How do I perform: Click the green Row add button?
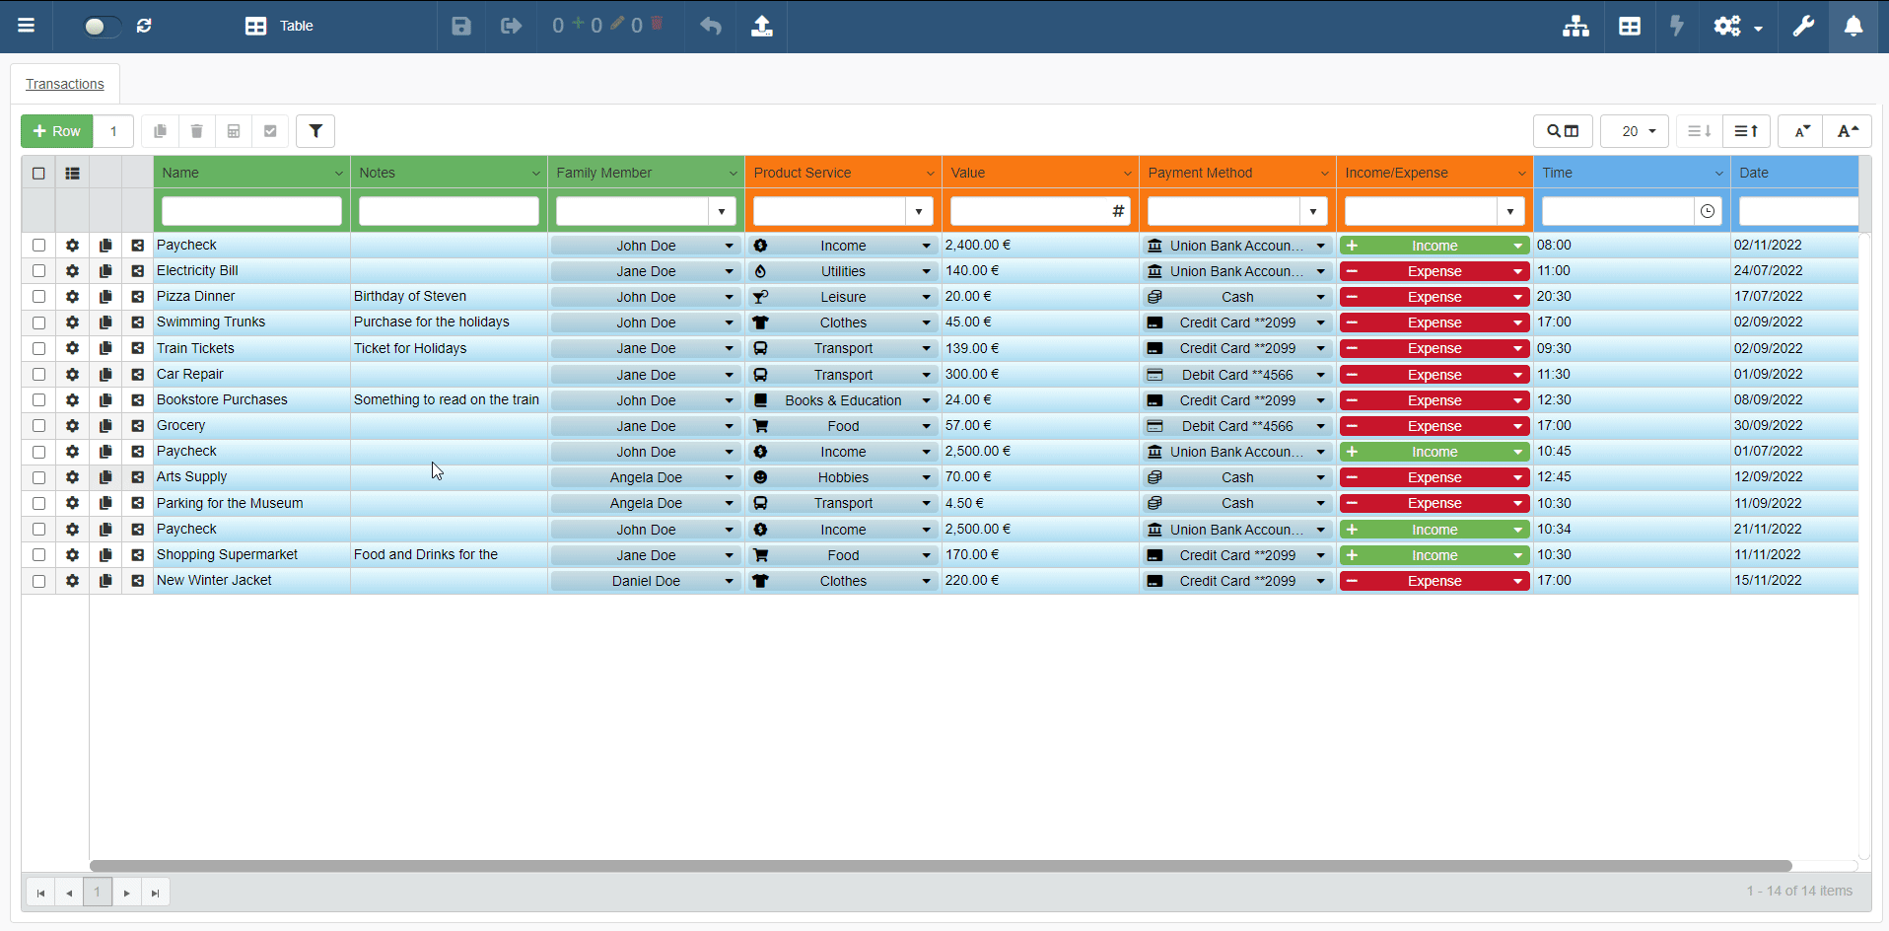pos(57,131)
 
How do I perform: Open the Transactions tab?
pos(65,84)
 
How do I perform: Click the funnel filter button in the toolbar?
pos(315,131)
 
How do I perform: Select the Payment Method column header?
pos(1200,173)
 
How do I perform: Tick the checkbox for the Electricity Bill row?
pos(38,271)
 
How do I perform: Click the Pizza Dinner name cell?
pos(196,297)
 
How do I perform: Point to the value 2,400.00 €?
pos(978,246)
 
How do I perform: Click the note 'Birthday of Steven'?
pos(410,297)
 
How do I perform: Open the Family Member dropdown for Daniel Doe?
pos(729,582)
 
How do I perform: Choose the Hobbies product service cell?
pos(843,477)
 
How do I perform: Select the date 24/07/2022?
pos(1768,271)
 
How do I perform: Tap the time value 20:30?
pos(1554,297)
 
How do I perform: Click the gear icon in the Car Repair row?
pos(72,375)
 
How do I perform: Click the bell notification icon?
pos(1854,26)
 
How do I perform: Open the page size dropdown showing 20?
pos(1635,131)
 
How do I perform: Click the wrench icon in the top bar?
pos(1803,26)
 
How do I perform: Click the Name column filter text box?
pos(251,211)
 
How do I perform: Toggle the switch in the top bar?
pos(102,26)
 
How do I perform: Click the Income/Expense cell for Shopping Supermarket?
pos(1434,556)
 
